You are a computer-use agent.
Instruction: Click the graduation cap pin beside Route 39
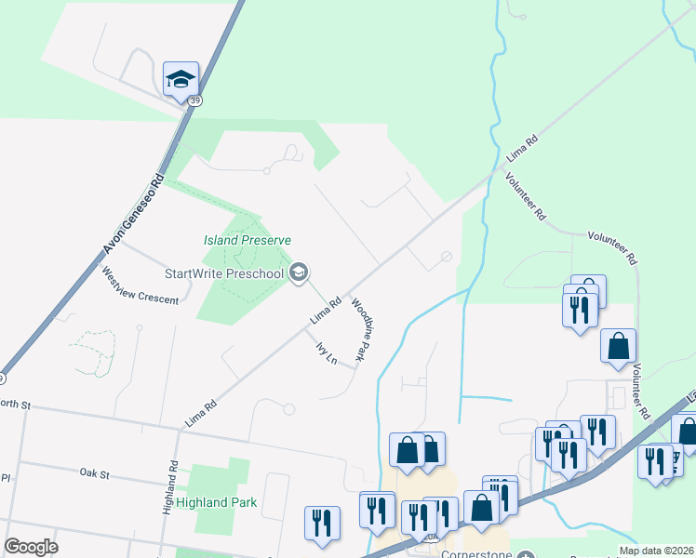(x=181, y=78)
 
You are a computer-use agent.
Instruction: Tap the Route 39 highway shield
(x=194, y=100)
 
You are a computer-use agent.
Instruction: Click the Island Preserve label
(x=248, y=240)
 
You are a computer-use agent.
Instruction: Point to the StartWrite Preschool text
(x=223, y=273)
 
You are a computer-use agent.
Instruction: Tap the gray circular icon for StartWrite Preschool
(x=299, y=272)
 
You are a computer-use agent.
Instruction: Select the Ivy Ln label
(x=325, y=354)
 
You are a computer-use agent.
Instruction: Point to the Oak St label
(x=95, y=474)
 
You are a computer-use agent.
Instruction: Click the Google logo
(x=31, y=547)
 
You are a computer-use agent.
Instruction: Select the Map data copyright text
(x=658, y=551)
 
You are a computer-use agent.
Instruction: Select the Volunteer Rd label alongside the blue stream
(x=525, y=196)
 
